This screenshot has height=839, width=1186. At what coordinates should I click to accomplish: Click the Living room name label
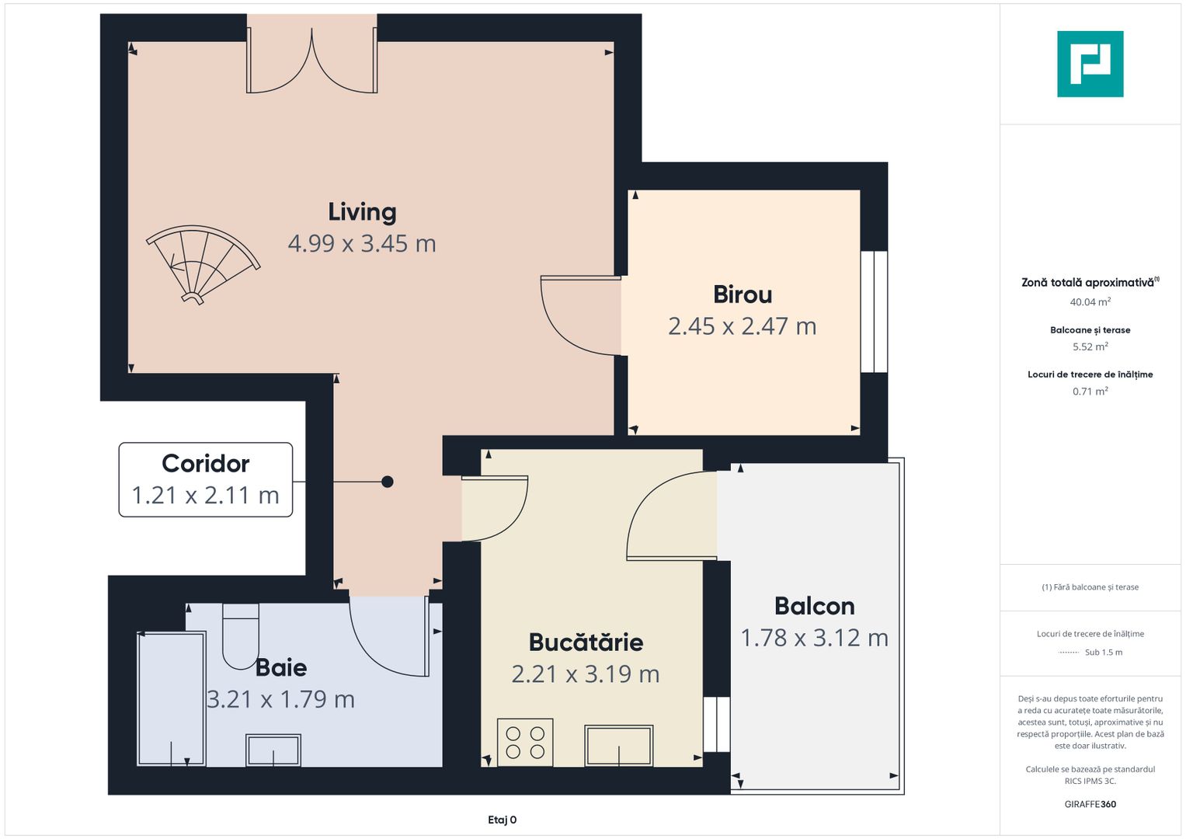362,212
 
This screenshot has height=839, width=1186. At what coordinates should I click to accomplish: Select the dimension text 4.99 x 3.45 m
362,244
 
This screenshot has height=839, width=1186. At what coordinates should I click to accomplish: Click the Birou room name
743,295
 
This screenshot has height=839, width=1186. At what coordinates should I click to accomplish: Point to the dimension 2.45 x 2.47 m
743,327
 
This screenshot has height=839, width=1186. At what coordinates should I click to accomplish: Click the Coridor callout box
206,479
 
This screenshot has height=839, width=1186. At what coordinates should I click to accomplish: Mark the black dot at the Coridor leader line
388,482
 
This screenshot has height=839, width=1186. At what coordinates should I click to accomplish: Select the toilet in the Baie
241,635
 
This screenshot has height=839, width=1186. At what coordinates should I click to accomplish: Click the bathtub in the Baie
171,698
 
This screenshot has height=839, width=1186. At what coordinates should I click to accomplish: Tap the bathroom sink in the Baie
273,750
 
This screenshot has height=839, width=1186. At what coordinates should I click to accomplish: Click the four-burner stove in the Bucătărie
525,742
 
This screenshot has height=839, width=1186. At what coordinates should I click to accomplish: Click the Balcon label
814,606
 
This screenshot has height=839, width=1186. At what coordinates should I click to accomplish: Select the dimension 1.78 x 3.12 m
814,638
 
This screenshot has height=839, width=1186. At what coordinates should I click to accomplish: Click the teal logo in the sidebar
1090,64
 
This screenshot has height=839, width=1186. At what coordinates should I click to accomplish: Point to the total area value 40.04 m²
1090,302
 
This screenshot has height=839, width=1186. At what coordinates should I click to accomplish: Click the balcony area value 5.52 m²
1090,347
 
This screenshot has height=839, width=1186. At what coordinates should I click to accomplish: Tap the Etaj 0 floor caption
502,820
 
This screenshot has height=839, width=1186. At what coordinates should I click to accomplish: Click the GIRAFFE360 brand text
1090,804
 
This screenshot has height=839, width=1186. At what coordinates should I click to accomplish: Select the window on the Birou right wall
874,312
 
